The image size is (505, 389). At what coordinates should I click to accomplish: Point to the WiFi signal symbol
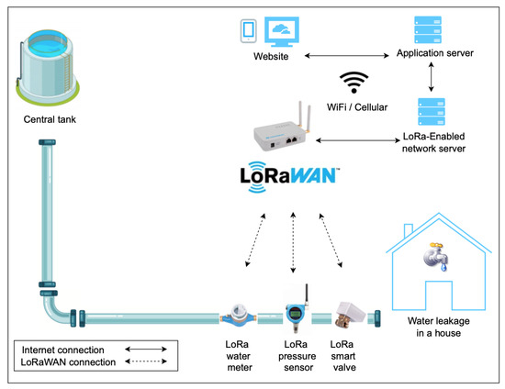point(353,83)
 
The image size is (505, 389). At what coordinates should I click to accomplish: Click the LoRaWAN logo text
point(290,174)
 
